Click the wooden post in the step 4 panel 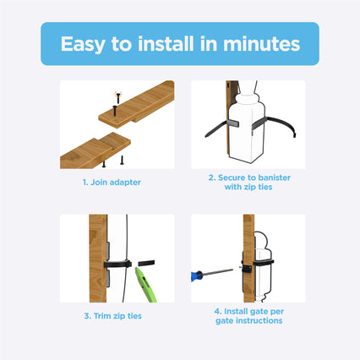[x=248, y=245]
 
